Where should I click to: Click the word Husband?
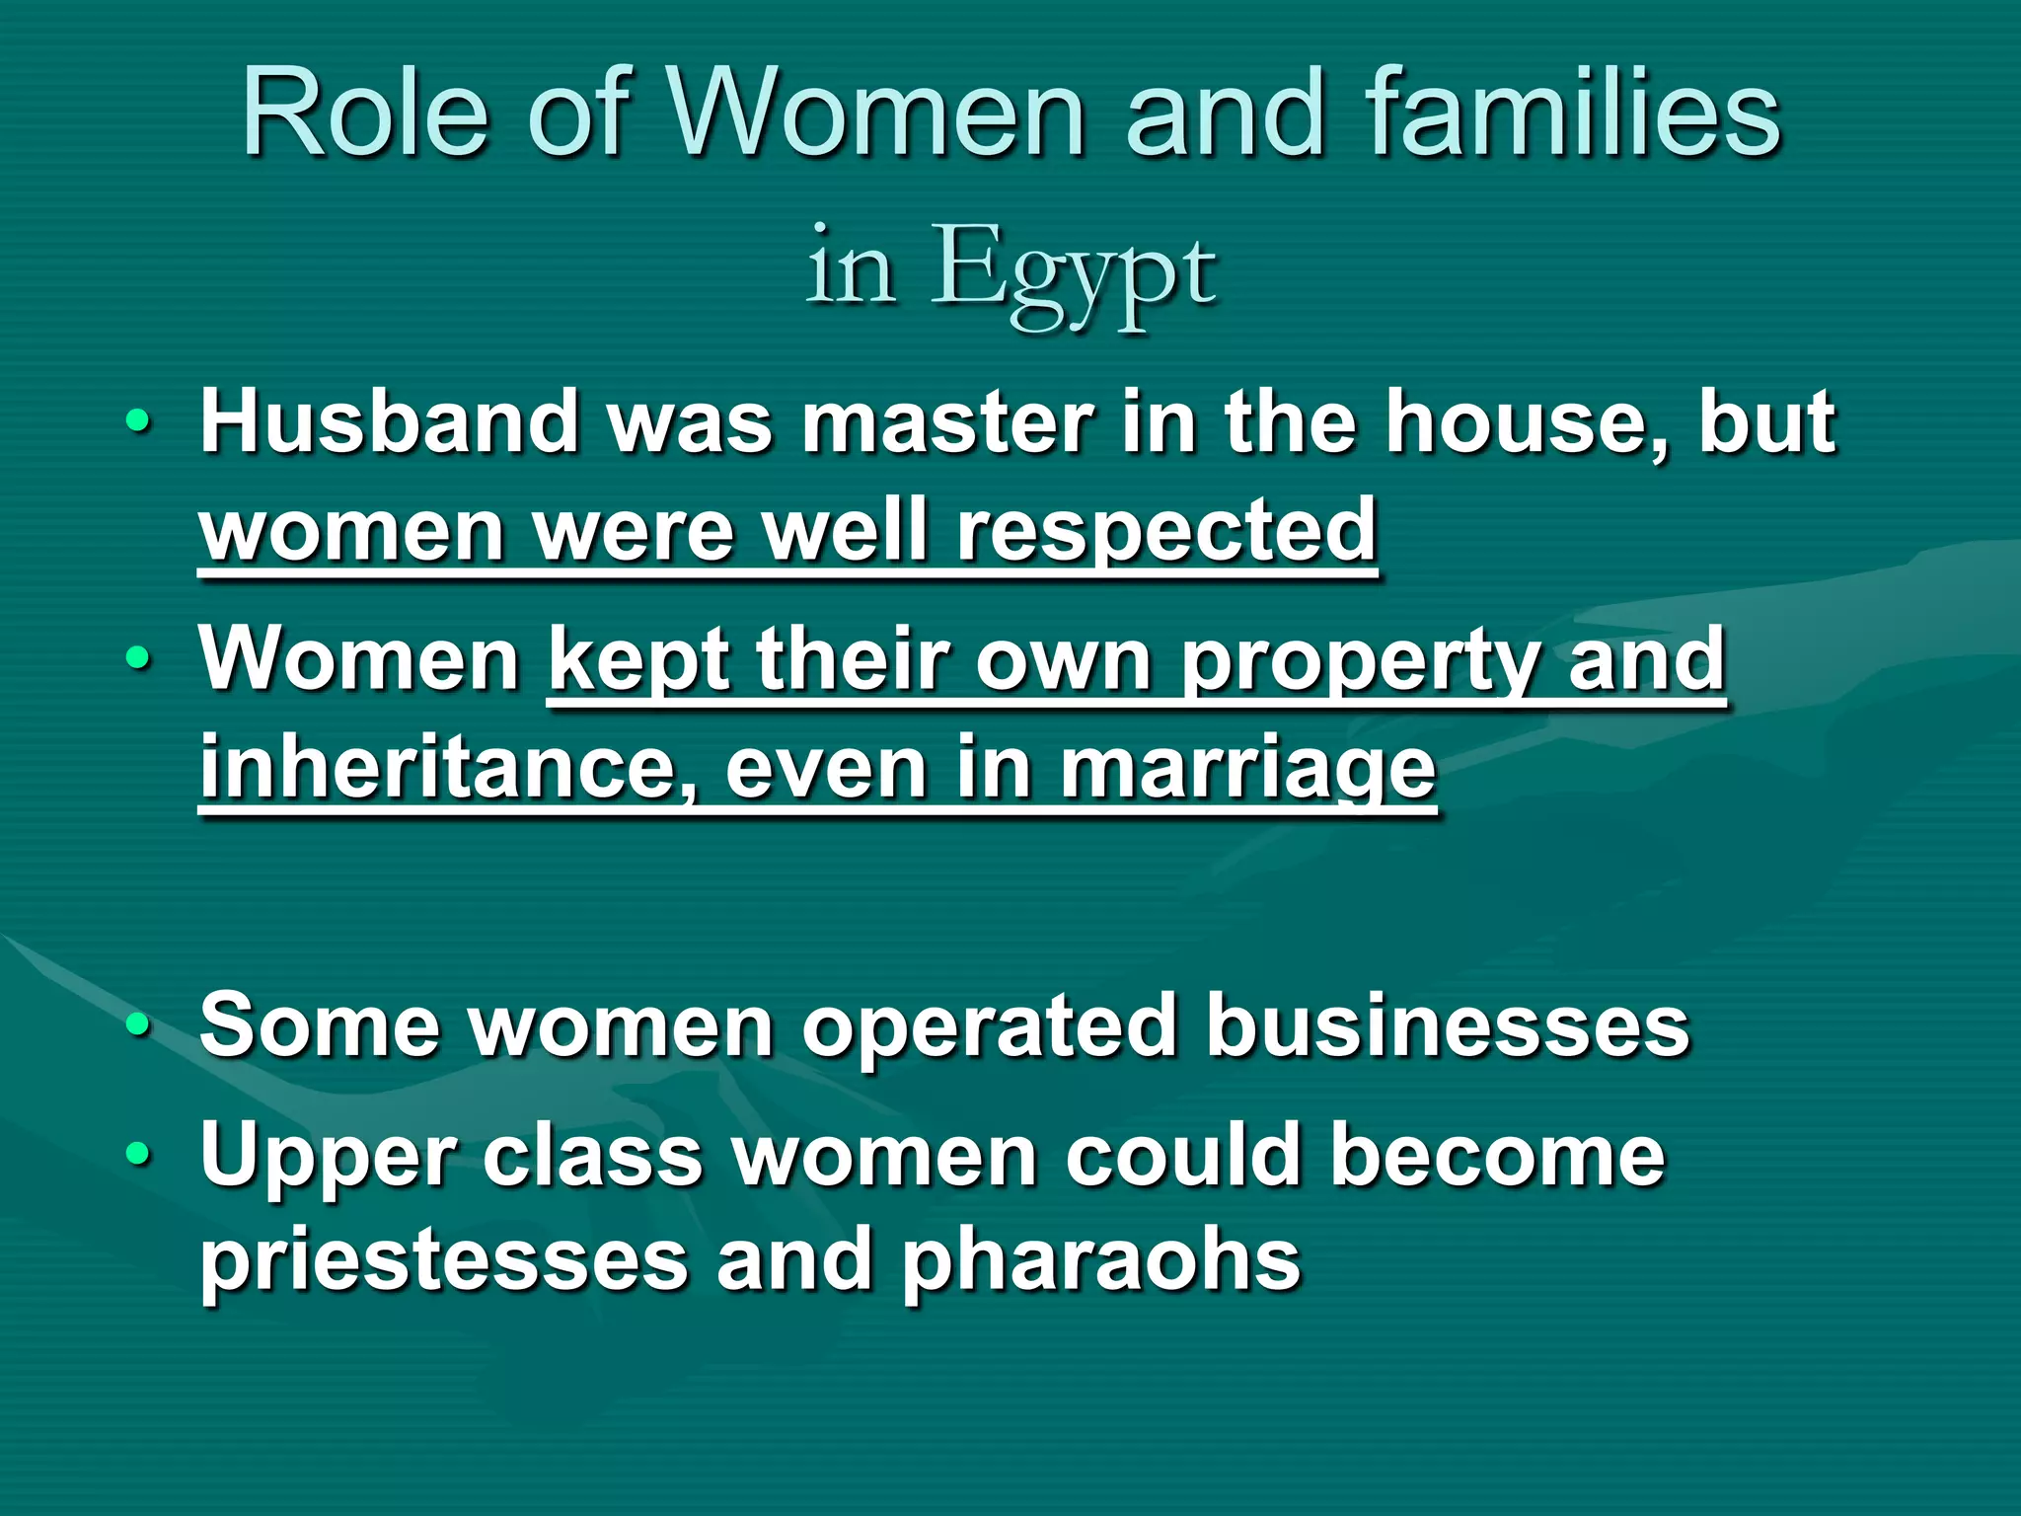pos(389,421)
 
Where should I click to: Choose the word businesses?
pos(1448,1025)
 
